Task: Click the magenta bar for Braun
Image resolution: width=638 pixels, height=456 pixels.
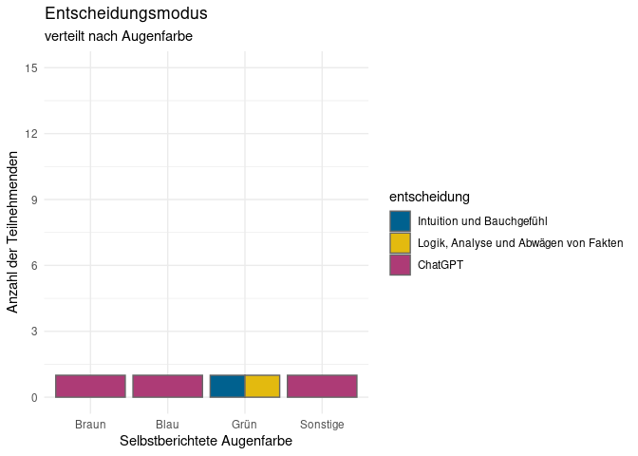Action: pos(90,386)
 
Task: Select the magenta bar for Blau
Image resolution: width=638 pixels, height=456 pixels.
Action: pos(167,386)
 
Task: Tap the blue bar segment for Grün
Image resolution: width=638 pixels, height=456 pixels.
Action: pos(227,386)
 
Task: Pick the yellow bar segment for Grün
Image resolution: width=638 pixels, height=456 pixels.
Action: pos(262,386)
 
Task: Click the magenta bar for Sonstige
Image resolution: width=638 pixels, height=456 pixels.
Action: pos(322,386)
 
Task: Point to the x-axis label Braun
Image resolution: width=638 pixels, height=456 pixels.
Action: pos(90,424)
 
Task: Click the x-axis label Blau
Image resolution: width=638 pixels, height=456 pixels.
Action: pos(167,424)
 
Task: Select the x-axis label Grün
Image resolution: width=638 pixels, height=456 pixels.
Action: pos(245,424)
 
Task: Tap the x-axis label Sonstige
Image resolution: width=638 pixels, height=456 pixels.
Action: pos(322,424)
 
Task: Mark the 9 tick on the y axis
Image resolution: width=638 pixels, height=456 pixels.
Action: pos(33,199)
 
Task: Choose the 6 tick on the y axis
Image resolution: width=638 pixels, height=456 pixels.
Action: pos(33,266)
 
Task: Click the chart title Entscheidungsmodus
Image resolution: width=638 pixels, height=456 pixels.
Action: pos(126,15)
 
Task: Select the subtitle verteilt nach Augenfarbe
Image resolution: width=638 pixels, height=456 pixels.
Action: pos(119,37)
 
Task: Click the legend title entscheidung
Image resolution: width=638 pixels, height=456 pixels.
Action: pos(430,197)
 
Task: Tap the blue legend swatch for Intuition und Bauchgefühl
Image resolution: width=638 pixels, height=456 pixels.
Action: pos(400,220)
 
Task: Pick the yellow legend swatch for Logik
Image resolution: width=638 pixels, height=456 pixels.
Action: pos(400,242)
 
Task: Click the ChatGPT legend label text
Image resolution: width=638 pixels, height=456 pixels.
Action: pos(441,265)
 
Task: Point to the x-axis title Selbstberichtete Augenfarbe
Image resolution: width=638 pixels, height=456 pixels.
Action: pos(206,442)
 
